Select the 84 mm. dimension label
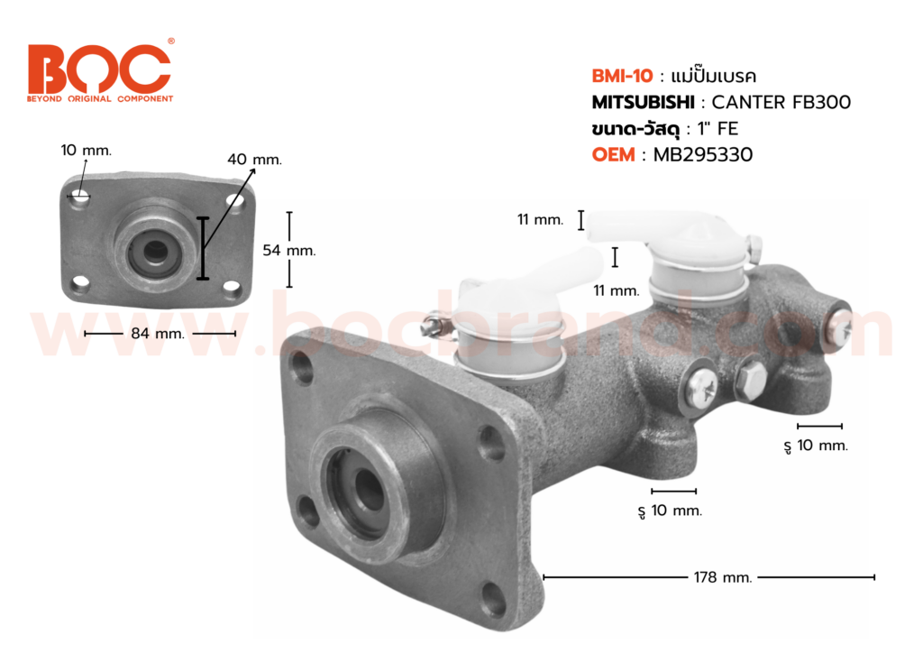coord(160,334)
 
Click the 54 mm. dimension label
coord(288,251)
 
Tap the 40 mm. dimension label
coord(254,160)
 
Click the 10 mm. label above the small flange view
coord(87,150)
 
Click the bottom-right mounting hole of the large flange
coord(493,599)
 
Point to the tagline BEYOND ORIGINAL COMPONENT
coord(99,98)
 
